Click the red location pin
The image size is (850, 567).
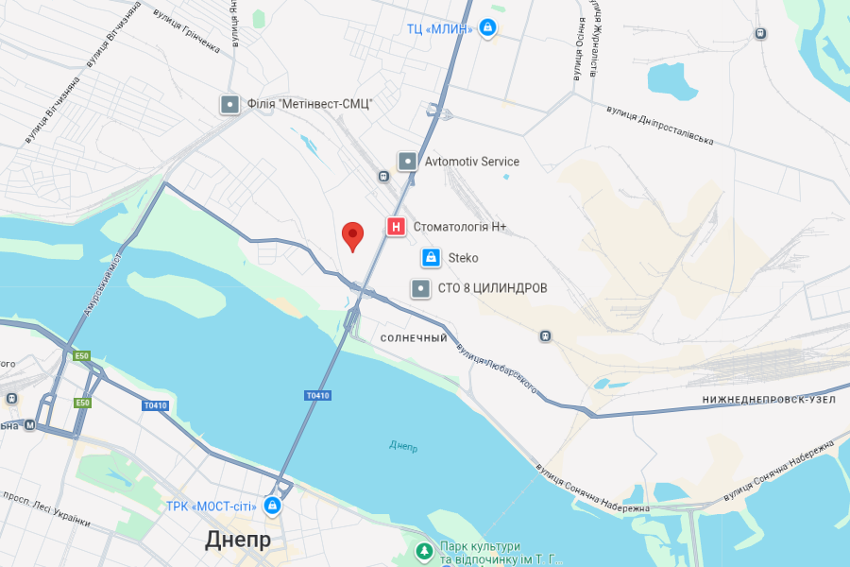(352, 235)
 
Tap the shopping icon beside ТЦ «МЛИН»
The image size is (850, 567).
(487, 28)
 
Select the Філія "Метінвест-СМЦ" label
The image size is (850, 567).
(311, 104)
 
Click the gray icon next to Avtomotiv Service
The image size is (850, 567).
(407, 162)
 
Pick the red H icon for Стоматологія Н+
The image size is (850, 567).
(397, 227)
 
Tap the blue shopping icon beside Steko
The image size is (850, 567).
(430, 257)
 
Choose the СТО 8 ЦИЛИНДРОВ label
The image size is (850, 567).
(492, 287)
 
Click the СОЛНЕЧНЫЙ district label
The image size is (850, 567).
(414, 338)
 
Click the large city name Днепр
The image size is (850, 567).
(238, 540)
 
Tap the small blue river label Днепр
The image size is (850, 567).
(403, 445)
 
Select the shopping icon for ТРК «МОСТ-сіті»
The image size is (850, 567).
(273, 507)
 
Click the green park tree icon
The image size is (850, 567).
(425, 550)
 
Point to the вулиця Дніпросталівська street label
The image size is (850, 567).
(659, 125)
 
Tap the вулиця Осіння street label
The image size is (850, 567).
(579, 54)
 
